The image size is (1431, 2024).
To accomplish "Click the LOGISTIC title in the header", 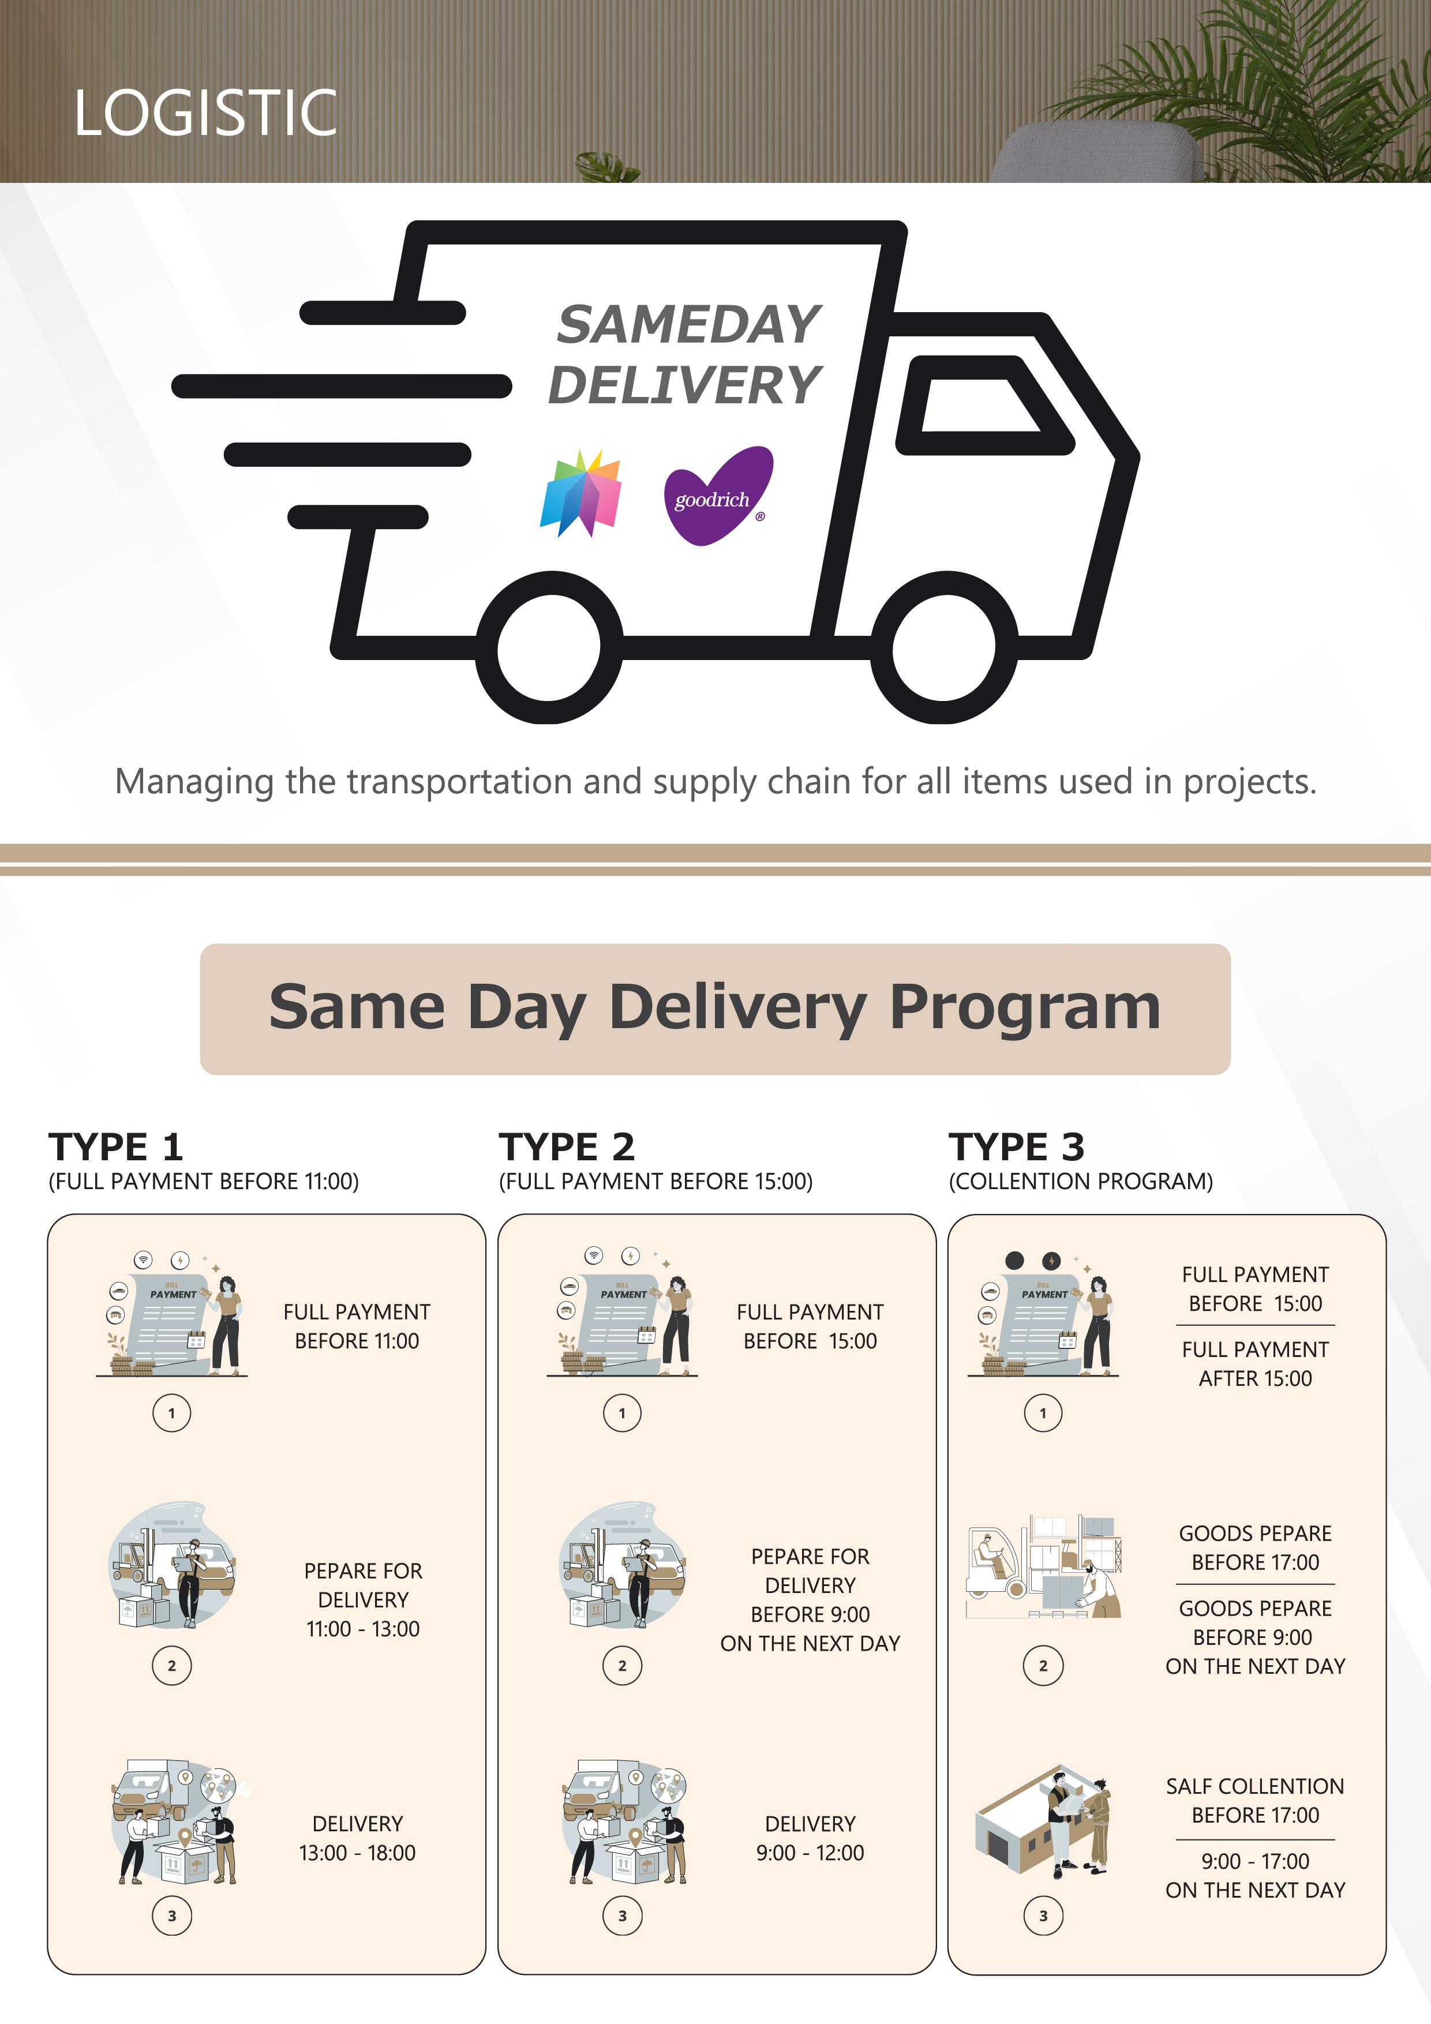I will [205, 113].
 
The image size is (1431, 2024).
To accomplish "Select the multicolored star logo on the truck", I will [580, 494].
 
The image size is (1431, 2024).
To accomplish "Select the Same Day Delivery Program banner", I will [715, 1009].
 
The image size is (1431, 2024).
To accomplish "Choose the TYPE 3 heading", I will [1017, 1148].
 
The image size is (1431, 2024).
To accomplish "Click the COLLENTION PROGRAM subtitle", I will [1080, 1181].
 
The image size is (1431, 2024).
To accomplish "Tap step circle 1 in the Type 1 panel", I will [172, 1413].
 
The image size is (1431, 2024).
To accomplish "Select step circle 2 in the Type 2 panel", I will [623, 1665].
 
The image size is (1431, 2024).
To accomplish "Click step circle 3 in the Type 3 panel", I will [1043, 1916].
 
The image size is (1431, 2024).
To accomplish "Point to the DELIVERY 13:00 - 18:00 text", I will [357, 1838].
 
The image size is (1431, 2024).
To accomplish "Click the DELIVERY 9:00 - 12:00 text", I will [810, 1838].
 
